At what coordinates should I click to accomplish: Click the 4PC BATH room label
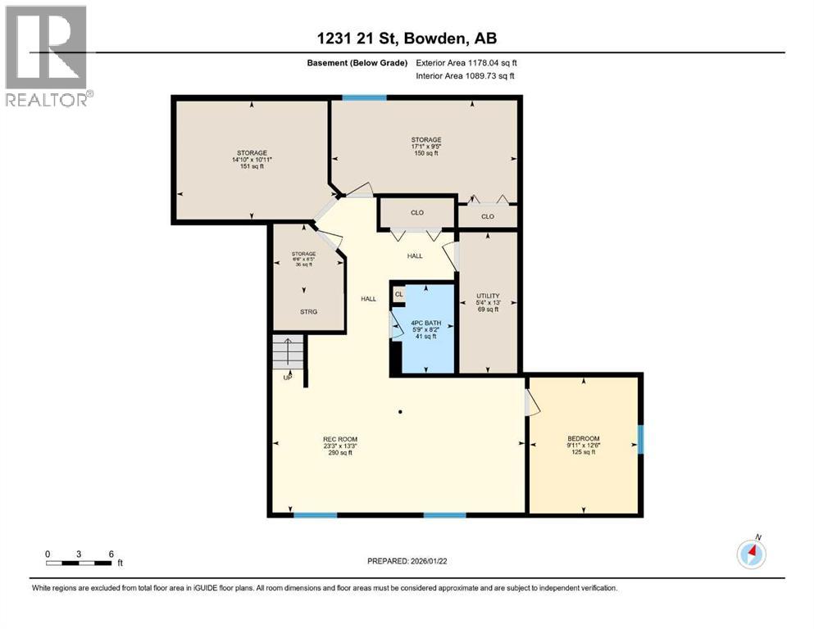coord(425,323)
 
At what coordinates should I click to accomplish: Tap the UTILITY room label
coord(488,296)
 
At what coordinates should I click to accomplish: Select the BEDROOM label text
coord(584,438)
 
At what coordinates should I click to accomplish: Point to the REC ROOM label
coord(339,440)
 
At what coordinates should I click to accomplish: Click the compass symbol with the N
coord(751,554)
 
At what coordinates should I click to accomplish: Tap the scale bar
coord(80,562)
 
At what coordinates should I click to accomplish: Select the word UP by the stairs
coord(287,378)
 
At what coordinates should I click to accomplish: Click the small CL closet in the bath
coord(399,294)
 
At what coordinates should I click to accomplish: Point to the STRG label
coord(307,312)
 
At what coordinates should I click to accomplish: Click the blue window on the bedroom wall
coord(640,438)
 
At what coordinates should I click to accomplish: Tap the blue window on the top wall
coord(365,98)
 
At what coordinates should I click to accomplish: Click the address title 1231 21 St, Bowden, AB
coord(406,38)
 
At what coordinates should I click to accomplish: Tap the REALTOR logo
coord(48,56)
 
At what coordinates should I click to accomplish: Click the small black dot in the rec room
coord(400,411)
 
